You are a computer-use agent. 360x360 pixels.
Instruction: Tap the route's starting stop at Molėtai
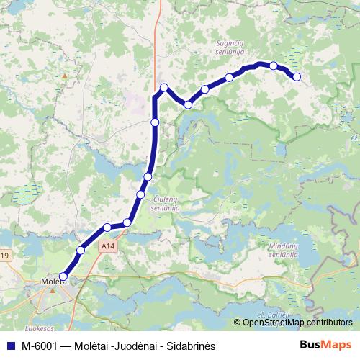point(63,276)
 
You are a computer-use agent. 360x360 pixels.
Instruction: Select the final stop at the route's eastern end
point(296,77)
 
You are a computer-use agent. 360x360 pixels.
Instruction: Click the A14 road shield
point(108,246)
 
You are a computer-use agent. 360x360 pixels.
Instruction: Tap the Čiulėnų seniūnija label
point(171,202)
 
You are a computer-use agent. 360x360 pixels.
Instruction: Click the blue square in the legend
point(9,346)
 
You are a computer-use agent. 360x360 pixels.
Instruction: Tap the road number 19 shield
point(4,256)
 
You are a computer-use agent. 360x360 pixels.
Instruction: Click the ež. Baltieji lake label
point(272,315)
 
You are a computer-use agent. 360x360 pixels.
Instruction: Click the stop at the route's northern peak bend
point(164,88)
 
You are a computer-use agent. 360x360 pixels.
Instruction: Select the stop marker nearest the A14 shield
point(107,228)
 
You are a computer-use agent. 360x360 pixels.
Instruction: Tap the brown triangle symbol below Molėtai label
point(52,292)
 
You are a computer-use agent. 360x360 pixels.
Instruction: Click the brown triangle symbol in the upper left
point(65,74)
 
